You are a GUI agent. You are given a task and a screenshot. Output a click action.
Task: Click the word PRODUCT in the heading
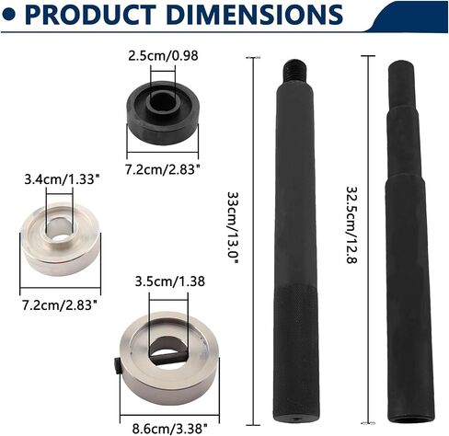click(89, 15)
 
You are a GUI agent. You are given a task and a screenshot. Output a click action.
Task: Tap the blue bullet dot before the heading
click(8, 15)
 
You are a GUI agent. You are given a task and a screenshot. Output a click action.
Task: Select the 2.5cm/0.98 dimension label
click(163, 56)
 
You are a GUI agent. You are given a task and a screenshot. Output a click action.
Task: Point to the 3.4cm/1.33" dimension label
click(63, 179)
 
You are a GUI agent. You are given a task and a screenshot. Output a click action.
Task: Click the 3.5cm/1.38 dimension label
click(170, 281)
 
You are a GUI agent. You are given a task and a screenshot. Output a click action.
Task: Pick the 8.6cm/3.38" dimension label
click(169, 428)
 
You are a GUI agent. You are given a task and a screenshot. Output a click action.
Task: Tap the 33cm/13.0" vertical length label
click(233, 228)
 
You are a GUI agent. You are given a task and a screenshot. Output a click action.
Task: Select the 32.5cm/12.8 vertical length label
click(351, 224)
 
